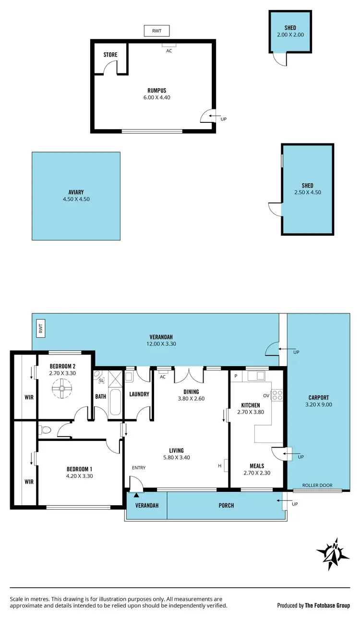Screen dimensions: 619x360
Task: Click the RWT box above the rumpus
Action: point(156,31)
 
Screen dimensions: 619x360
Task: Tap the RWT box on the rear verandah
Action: point(41,328)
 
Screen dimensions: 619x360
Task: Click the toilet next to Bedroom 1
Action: point(45,430)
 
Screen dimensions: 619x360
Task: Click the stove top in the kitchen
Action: point(277,395)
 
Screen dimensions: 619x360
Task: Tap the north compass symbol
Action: point(333,554)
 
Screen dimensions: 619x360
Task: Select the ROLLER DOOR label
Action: point(317,485)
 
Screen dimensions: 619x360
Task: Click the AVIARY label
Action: point(76,192)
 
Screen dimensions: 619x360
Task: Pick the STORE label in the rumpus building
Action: point(110,55)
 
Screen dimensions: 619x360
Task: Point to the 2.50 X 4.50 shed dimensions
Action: point(307,192)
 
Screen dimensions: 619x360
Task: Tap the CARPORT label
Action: point(318,397)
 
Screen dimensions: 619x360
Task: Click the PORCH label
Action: point(226,505)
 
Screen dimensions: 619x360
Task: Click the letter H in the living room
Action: point(220,465)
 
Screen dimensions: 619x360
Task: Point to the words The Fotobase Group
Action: point(327,606)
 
